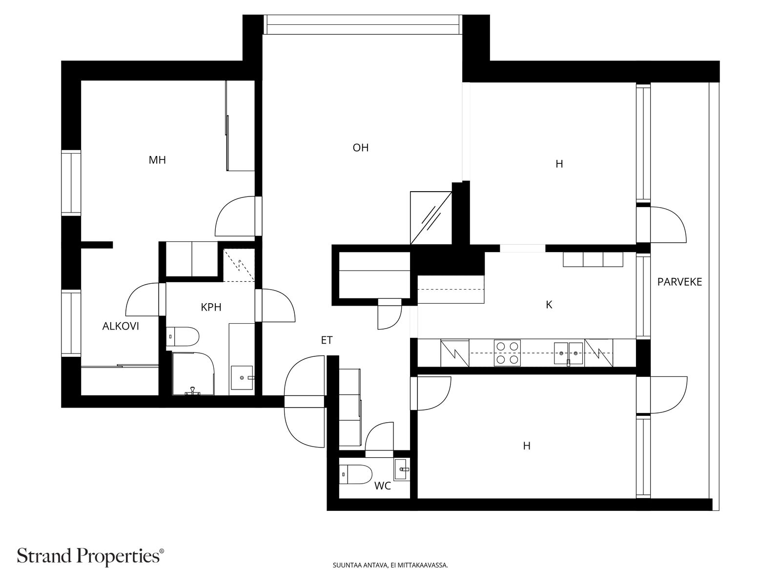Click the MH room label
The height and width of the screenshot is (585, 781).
point(157,160)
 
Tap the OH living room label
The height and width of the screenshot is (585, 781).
point(360,148)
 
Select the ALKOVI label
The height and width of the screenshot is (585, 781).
point(121,326)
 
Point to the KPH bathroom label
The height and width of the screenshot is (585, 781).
point(211,307)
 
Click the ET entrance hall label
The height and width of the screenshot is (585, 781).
point(327,340)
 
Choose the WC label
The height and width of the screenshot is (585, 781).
point(383,486)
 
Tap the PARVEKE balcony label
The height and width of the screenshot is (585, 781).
point(679,282)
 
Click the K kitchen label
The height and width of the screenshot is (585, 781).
point(549,305)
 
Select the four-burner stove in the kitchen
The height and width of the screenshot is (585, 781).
point(507,353)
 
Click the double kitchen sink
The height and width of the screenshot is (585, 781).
point(568,354)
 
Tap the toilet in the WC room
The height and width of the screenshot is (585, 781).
point(355,474)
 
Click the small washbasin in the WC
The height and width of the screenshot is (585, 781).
point(401,469)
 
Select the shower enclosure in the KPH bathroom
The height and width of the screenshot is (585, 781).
point(193,373)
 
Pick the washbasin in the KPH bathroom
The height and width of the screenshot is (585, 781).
point(242,377)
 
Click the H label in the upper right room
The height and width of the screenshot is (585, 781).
point(559,164)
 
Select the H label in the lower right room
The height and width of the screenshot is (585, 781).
point(527,446)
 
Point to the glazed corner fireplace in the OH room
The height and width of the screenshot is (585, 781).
point(431,218)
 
